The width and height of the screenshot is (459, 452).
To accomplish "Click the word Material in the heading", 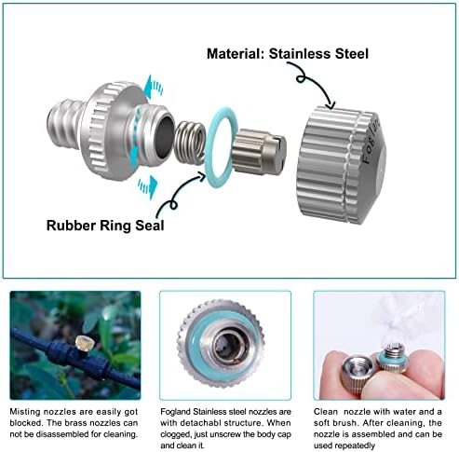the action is (236, 54).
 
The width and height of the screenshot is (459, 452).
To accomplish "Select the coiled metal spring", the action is (190, 143).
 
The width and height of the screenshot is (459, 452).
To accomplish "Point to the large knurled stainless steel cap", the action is (341, 165).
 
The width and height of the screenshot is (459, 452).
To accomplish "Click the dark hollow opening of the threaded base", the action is (164, 136).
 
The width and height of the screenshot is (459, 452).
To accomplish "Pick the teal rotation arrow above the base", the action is (154, 87).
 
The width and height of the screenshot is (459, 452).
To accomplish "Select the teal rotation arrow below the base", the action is (148, 186).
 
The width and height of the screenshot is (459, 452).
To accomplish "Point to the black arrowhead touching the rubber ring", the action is (201, 177).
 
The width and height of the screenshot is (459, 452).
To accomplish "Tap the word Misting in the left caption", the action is (25, 412).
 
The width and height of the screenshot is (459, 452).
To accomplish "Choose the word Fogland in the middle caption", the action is (175, 412).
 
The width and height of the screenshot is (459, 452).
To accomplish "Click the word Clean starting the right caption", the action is (325, 412).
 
